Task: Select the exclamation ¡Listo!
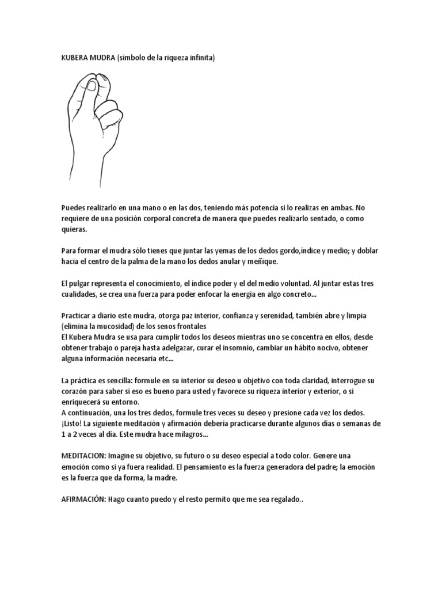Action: click(x=75, y=423)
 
